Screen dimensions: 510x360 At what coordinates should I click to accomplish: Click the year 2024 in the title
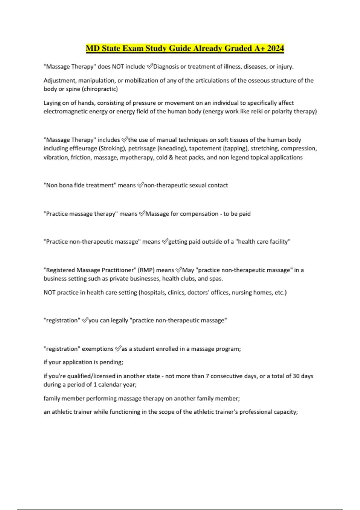(275, 48)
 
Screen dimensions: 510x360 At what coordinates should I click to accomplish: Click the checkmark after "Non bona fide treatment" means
(140, 185)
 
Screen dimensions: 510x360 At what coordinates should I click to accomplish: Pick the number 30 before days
(296, 376)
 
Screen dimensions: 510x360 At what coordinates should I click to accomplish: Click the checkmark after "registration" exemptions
(118, 349)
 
